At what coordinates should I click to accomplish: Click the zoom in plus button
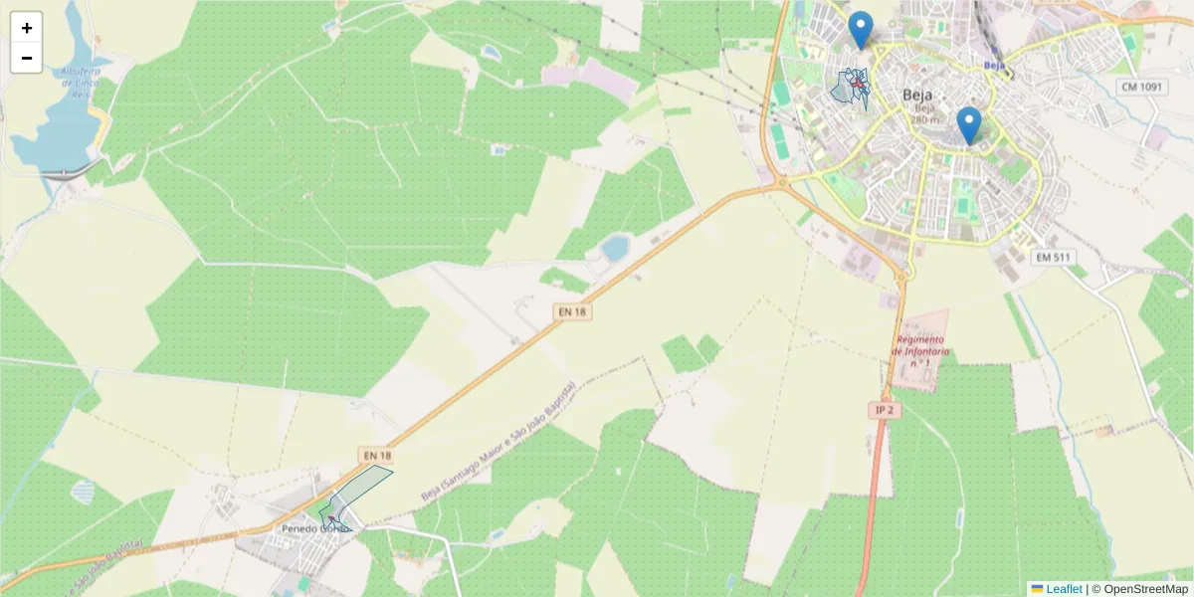27,28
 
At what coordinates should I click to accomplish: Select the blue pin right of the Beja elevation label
968,125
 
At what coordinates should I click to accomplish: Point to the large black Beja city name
917,95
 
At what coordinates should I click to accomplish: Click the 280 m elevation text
924,119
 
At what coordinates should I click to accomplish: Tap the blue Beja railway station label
992,65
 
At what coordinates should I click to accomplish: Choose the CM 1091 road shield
1140,87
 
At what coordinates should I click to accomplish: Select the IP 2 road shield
885,410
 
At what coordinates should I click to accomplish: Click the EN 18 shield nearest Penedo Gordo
377,456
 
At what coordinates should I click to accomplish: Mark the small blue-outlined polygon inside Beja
848,89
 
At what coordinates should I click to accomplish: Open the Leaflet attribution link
1063,589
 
